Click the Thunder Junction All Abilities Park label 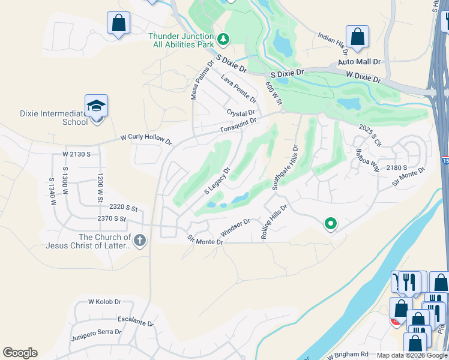[x=181, y=40]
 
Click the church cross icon [x=139, y=241]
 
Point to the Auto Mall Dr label [x=359, y=62]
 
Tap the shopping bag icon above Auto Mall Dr [x=357, y=37]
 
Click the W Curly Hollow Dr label [x=146, y=139]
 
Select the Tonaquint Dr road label [x=238, y=125]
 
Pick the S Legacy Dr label [x=217, y=179]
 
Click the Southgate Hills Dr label [x=285, y=167]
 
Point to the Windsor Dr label [x=235, y=227]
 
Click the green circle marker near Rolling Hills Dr [x=330, y=224]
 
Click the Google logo [x=20, y=353]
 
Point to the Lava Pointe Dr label [x=238, y=88]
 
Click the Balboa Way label [x=367, y=160]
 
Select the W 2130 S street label [x=76, y=154]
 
